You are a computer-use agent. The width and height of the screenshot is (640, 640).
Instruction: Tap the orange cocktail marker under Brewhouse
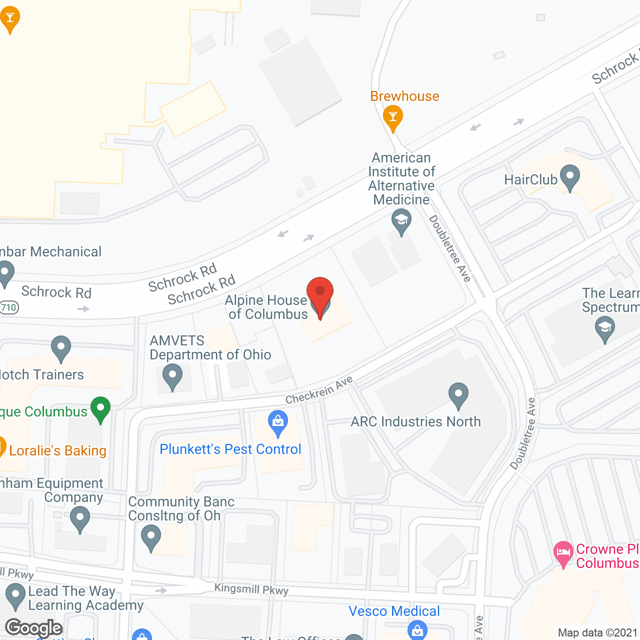tap(393, 118)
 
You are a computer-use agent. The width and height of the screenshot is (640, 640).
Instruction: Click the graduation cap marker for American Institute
tap(401, 221)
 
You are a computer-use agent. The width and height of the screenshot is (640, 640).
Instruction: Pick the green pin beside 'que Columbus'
tap(100, 408)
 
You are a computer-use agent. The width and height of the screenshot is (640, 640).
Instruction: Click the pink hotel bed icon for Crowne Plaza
tap(563, 553)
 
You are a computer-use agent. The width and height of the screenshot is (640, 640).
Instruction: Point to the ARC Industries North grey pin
tap(458, 395)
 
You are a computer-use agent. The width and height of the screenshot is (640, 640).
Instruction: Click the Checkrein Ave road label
tap(319, 390)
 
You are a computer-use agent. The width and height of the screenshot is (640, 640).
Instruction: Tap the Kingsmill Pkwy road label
tap(251, 589)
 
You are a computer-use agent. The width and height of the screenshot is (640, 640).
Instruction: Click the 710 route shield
tap(9, 307)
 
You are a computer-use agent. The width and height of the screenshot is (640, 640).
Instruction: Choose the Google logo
tap(33, 627)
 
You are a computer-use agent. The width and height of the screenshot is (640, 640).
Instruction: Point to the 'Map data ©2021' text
tap(597, 633)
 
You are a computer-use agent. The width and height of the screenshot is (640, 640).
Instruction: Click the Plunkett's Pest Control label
tap(230, 449)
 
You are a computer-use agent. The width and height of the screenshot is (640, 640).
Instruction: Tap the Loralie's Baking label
tap(57, 450)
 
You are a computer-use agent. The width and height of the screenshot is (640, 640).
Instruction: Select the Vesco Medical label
tap(394, 611)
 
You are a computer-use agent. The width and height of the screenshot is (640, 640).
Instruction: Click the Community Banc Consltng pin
tap(150, 538)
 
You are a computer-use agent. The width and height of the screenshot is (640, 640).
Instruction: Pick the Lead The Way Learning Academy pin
tap(15, 596)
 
